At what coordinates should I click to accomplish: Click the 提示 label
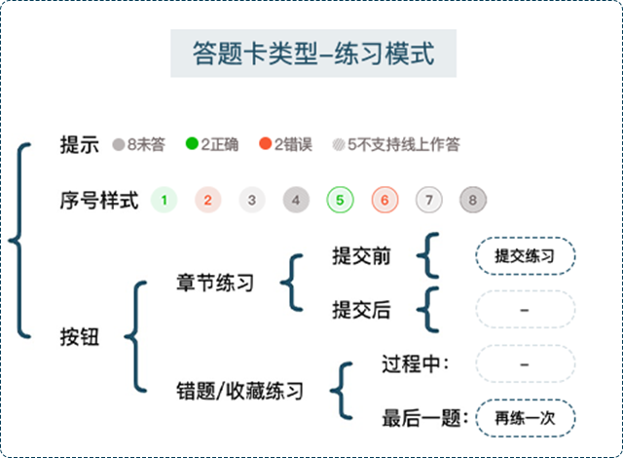79,145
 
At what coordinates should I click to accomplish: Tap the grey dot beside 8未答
118,145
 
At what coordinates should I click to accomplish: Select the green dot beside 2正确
192,145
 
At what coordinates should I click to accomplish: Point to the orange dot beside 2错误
264,145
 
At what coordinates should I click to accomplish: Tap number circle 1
165,202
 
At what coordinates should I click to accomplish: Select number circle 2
207,202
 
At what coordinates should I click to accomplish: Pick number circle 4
296,202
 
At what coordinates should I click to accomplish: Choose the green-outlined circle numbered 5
340,202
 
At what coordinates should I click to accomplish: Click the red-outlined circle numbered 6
385,202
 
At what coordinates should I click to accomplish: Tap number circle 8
473,202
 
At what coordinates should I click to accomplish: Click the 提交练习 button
525,256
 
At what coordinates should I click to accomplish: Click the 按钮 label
79,337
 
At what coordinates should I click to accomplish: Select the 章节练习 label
215,284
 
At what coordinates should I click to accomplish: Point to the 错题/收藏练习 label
239,392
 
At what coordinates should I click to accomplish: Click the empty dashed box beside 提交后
525,310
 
